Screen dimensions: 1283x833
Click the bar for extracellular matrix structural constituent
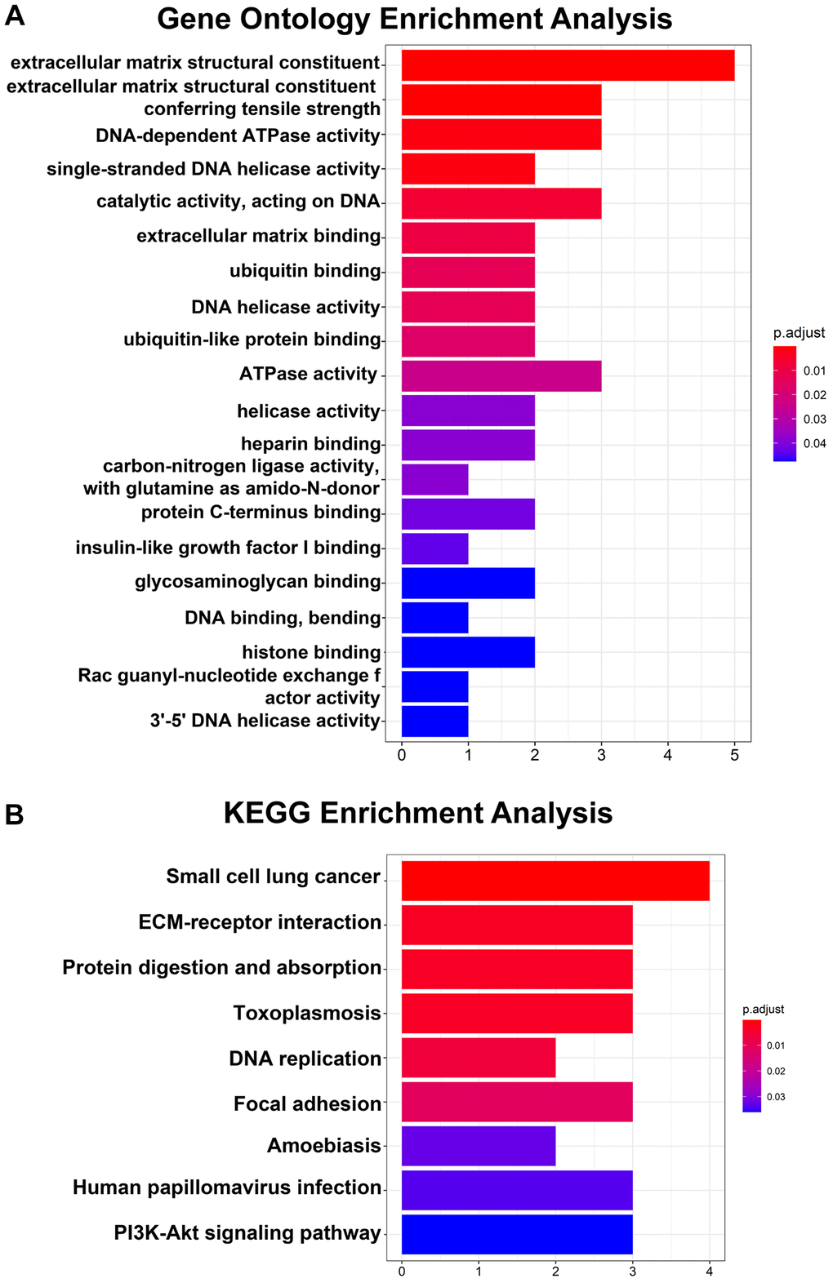(x=568, y=65)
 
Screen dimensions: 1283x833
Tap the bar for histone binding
(x=468, y=652)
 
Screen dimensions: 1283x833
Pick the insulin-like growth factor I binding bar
(x=434, y=548)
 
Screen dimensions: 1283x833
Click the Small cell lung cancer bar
(x=555, y=881)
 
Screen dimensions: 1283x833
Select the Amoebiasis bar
(x=479, y=1146)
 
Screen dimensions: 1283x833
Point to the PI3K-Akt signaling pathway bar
(x=517, y=1234)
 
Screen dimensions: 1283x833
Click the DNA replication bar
(x=479, y=1058)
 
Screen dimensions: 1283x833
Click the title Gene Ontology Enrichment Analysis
(x=415, y=19)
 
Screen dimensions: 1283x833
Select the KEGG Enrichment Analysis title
(x=418, y=813)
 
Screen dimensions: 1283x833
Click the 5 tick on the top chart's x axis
(x=734, y=756)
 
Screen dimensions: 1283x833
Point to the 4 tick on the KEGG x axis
(x=710, y=1271)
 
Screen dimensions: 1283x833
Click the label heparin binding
(x=310, y=444)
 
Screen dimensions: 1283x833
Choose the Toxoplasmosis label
(x=307, y=1014)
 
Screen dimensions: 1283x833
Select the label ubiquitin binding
(x=305, y=271)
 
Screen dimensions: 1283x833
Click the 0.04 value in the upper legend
(x=814, y=444)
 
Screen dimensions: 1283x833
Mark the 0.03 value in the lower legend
(x=776, y=1097)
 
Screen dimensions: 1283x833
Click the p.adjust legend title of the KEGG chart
(x=763, y=1010)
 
